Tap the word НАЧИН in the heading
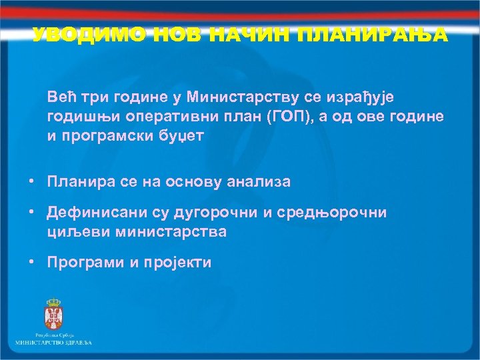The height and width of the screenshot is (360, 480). [x=243, y=35]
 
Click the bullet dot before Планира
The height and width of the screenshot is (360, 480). [x=31, y=181]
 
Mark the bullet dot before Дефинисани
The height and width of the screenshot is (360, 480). [x=31, y=213]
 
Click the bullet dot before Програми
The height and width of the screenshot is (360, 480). [x=31, y=262]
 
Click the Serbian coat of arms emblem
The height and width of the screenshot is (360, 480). [x=52, y=313]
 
